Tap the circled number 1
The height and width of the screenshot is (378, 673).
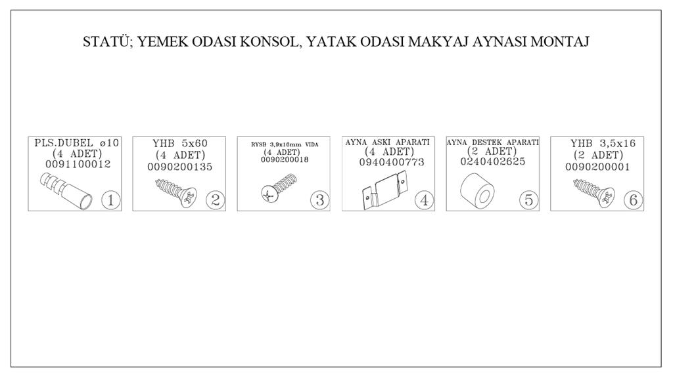pos(110,200)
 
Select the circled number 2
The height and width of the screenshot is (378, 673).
pos(215,200)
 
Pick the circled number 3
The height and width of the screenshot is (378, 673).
pos(320,200)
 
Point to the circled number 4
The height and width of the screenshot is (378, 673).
pos(424,200)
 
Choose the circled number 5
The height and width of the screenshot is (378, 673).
pos(528,200)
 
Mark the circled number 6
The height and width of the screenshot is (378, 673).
pos(633,200)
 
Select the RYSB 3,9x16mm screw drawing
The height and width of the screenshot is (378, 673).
pos(279,188)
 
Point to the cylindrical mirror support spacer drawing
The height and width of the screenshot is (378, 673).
pos(477,190)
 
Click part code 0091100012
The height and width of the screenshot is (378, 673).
pos(78,164)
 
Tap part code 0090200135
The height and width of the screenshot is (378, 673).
pos(179,167)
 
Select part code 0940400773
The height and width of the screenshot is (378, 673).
pos(392,162)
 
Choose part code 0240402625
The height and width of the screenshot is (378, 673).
pos(493,161)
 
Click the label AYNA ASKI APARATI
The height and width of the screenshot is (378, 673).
pos(388,142)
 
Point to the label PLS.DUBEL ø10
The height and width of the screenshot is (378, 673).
pos(76,142)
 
